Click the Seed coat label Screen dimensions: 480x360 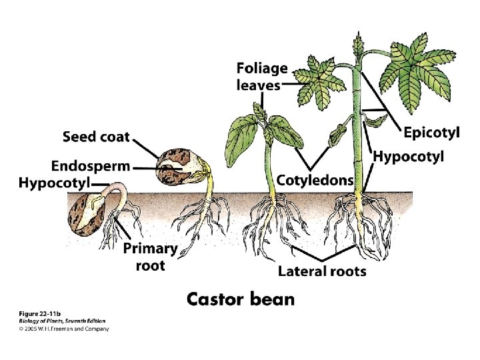tap(96, 138)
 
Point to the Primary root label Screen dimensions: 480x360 tap(151, 257)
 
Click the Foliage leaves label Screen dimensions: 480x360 tap(262, 76)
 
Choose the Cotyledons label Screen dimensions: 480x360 tap(314, 179)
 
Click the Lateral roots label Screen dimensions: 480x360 tap(322, 271)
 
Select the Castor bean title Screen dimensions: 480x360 tap(240, 298)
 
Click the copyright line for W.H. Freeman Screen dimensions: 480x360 tap(63, 328)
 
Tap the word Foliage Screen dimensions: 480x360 tap(262, 68)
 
